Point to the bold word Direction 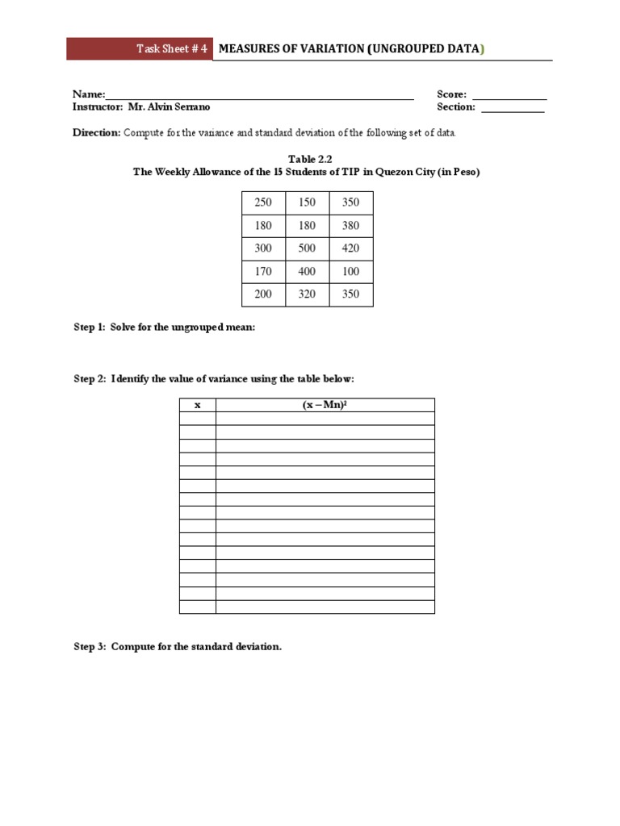click(x=97, y=132)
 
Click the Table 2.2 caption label click(x=306, y=160)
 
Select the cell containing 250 click(x=263, y=202)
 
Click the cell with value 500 click(x=308, y=248)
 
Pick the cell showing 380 click(x=350, y=226)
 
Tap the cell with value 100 click(x=350, y=272)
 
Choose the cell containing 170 click(x=263, y=272)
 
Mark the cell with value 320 click(x=308, y=294)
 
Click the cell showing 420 click(x=350, y=248)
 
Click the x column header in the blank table click(x=197, y=405)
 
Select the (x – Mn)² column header click(x=325, y=405)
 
